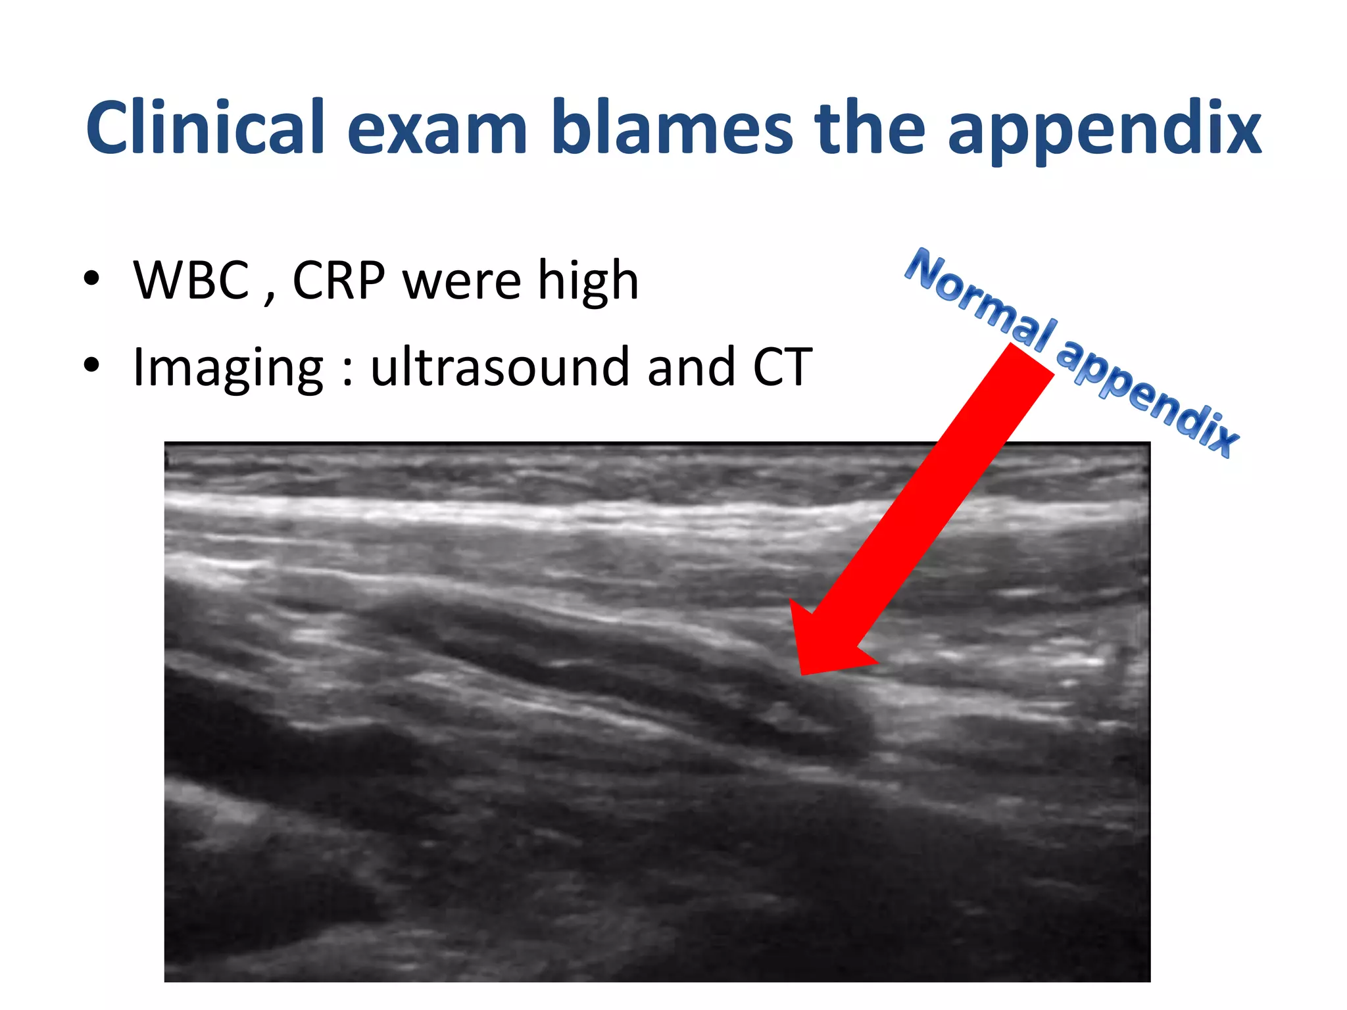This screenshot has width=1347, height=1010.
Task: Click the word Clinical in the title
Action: (205, 128)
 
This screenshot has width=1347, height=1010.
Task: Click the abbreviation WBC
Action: (191, 280)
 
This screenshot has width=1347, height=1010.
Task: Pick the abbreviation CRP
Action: (339, 280)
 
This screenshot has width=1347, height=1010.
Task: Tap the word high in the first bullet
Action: (588, 281)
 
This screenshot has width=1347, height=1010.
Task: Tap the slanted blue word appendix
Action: (1148, 398)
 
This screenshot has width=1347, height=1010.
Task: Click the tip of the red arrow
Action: (802, 672)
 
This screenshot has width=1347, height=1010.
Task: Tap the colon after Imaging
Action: (347, 372)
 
